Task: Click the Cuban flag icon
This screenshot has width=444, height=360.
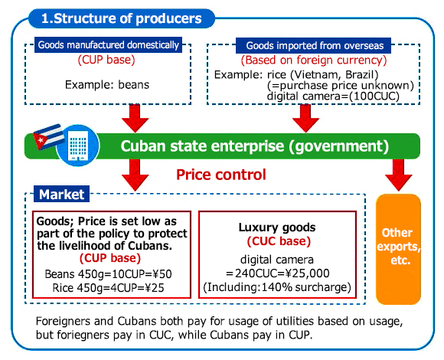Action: pos(48,137)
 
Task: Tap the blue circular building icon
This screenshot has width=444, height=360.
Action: pos(78,145)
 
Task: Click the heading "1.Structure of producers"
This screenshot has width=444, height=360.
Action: pos(122,18)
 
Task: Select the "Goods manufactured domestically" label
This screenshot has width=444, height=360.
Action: pos(109,45)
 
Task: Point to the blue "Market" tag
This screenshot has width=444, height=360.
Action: pos(62,195)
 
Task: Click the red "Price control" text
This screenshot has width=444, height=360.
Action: pos(221,175)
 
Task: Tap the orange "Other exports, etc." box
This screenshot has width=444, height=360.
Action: pos(398,249)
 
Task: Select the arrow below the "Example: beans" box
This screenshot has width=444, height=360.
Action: pos(135,118)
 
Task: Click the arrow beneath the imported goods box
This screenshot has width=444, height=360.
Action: pos(305,118)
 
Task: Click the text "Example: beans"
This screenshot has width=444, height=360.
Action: pos(107,85)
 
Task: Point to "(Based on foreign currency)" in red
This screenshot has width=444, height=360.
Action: pos(314,60)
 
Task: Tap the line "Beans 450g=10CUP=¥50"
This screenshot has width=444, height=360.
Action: pos(108,274)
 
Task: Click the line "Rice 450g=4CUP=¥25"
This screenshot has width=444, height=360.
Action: pos(108,288)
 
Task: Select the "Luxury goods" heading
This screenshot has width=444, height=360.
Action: pos(277,227)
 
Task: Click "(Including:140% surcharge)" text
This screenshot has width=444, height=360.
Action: pos(277,287)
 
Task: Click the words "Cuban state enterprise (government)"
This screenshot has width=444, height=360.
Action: pos(255,146)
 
